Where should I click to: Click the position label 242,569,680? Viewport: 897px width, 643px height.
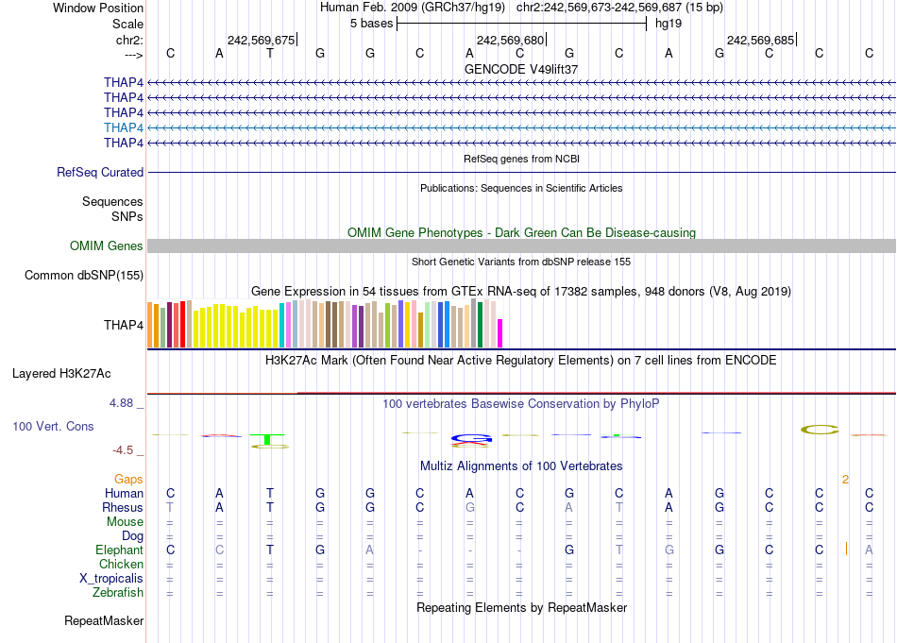[511, 40]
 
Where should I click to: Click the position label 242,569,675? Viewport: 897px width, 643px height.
[262, 40]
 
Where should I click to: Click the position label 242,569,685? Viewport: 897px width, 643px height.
[760, 40]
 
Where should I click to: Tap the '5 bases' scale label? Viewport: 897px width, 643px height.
[372, 23]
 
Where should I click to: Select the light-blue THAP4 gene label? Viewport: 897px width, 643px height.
[124, 127]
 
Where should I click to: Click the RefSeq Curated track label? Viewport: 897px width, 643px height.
[100, 173]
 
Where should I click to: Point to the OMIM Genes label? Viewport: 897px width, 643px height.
[107, 246]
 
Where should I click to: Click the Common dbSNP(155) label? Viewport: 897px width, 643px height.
[84, 276]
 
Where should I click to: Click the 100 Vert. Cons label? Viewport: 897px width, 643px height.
[53, 427]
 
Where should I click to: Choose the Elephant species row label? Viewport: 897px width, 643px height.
[119, 550]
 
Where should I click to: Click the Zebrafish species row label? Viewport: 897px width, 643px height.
[118, 593]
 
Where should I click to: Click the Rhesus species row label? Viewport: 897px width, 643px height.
[123, 507]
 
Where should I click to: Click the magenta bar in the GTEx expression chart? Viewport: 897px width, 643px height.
[500, 333]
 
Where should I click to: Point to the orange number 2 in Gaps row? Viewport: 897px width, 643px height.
[845, 480]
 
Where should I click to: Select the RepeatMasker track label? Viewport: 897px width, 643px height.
[104, 621]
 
